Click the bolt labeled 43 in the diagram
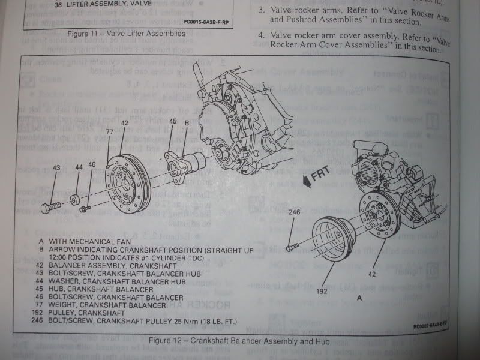pyautogui.click(x=50, y=208)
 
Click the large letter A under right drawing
pyautogui.click(x=359, y=298)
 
